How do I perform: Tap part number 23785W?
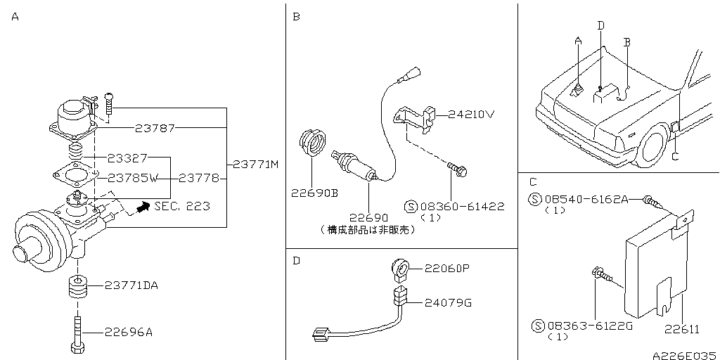point(132,178)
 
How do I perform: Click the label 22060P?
point(448,269)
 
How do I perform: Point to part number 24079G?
point(448,303)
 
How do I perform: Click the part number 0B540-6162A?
point(586,199)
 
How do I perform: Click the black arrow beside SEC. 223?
point(143,206)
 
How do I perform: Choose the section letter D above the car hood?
point(600,25)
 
